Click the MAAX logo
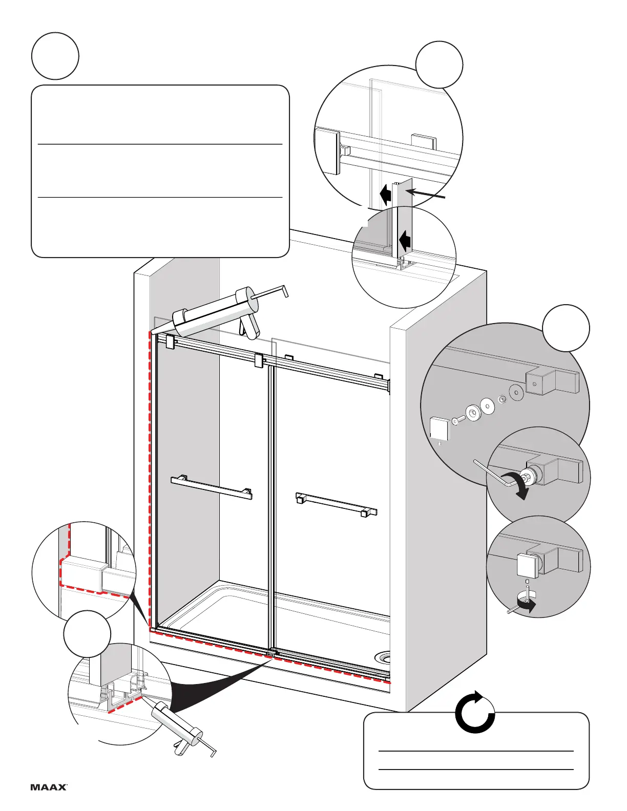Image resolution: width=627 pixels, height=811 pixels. point(49,787)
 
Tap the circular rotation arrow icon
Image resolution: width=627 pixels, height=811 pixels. point(475,712)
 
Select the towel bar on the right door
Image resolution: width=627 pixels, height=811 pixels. point(336,504)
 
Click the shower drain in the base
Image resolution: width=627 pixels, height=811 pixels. point(384,657)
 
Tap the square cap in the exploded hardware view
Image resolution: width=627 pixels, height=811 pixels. point(439,428)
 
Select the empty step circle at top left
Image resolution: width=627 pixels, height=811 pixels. point(55,56)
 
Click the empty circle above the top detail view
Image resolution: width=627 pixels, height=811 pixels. point(439,65)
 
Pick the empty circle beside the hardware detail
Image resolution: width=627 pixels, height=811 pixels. point(566,328)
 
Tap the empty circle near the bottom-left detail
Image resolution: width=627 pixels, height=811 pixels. point(87,634)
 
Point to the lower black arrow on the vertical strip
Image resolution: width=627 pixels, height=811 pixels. point(405,239)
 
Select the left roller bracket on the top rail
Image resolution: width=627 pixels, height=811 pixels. point(171,342)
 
